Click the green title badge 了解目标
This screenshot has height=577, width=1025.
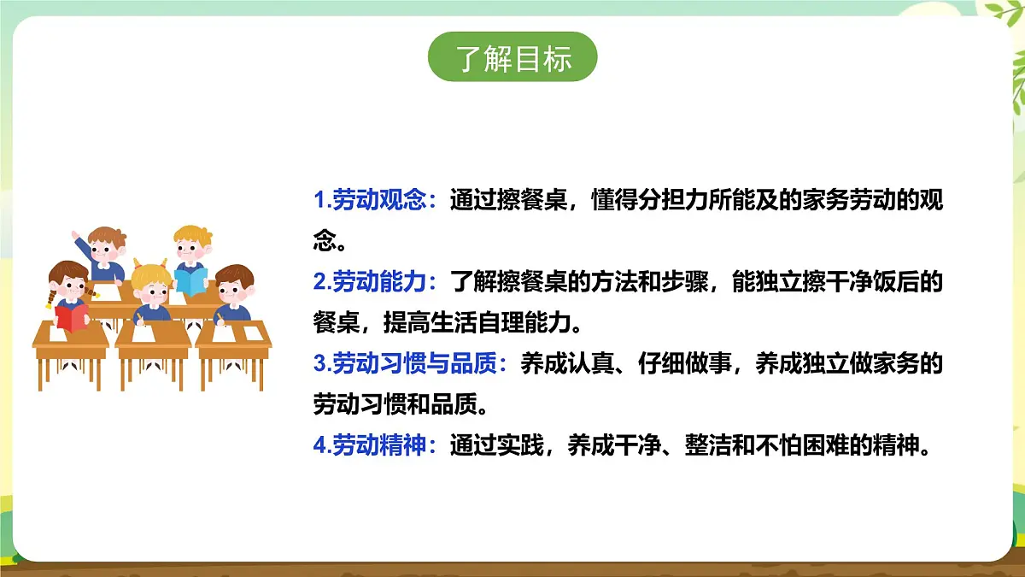click(512, 58)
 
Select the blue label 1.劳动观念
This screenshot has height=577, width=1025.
click(375, 202)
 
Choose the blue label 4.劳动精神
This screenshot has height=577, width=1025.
click(375, 446)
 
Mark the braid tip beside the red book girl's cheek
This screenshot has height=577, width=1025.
click(50, 301)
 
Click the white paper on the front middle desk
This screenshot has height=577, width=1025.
click(154, 332)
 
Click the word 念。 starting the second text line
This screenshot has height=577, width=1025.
click(330, 243)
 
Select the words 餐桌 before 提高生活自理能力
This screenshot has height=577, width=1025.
click(333, 325)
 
